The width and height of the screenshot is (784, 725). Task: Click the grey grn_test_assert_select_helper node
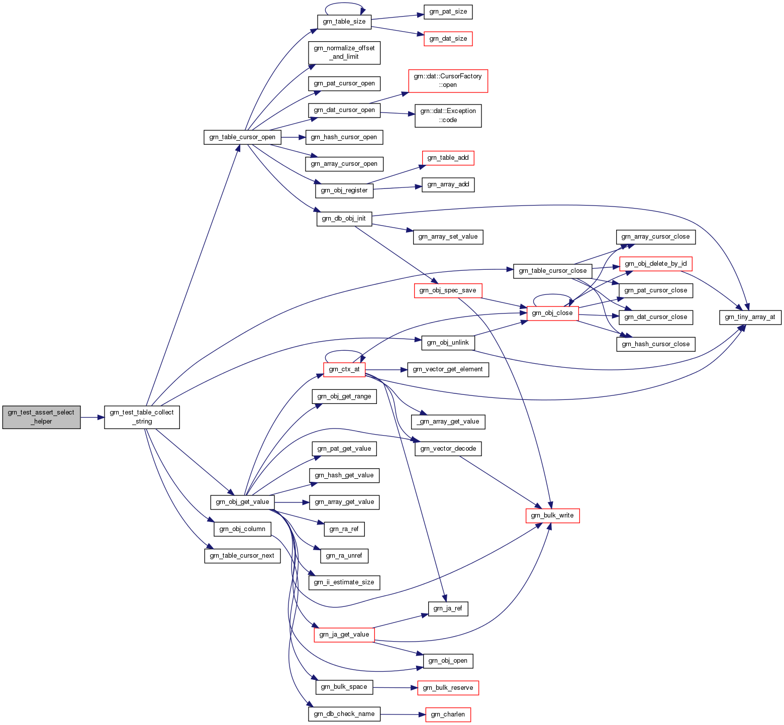point(41,417)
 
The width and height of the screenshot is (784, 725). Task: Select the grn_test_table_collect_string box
point(142,417)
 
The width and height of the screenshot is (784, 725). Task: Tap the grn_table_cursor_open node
point(242,137)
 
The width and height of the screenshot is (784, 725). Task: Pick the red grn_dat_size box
point(448,39)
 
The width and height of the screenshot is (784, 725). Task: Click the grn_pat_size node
point(448,12)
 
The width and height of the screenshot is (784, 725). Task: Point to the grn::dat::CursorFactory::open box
point(448,81)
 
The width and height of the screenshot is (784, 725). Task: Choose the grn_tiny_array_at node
point(750,317)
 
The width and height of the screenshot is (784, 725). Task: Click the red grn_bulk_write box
point(552,515)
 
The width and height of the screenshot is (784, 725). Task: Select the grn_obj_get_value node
point(242,502)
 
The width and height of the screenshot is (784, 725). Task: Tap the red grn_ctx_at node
point(344,369)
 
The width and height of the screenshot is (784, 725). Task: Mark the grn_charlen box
point(448,714)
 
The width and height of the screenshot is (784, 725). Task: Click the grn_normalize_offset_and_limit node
point(344,53)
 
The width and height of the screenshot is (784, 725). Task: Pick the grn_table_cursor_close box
point(552,271)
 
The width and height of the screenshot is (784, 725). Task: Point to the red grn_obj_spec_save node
point(448,290)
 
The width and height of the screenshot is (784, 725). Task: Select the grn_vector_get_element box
point(448,369)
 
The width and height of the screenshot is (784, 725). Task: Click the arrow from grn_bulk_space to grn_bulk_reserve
point(395,687)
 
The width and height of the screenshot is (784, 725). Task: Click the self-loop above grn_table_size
point(344,5)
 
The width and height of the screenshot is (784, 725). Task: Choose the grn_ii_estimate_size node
point(344,582)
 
